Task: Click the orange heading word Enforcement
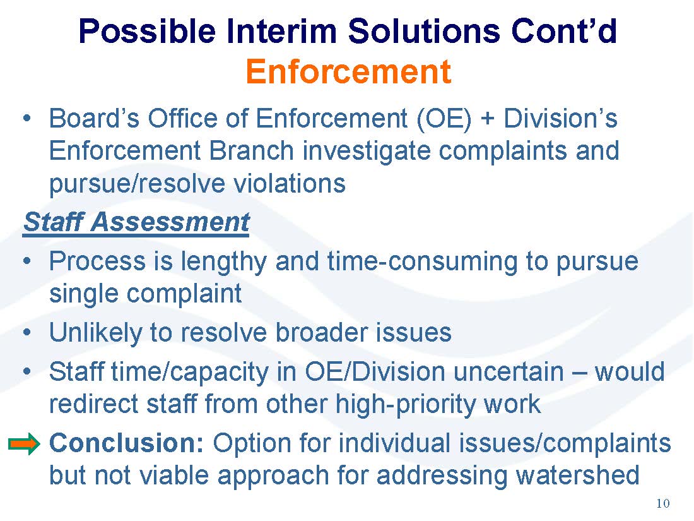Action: pyautogui.click(x=348, y=72)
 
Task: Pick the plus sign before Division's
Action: pyautogui.click(x=487, y=119)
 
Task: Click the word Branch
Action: pyautogui.click(x=251, y=151)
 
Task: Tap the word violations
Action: pyautogui.click(x=290, y=183)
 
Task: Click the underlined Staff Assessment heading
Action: pyautogui.click(x=136, y=222)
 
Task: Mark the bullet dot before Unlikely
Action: pyautogui.click(x=27, y=332)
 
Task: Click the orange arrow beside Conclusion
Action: pyautogui.click(x=25, y=443)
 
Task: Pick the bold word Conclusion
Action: pyautogui.click(x=127, y=443)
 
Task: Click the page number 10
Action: pyautogui.click(x=662, y=503)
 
